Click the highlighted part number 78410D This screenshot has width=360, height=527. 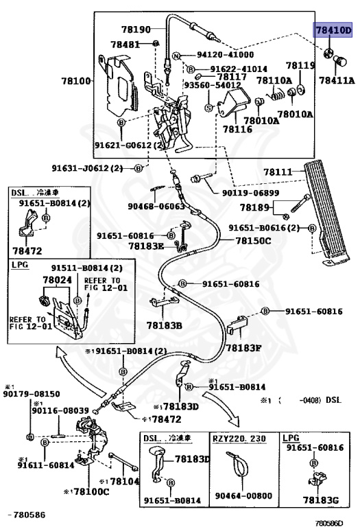coord(333,30)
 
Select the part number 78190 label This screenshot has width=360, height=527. coord(135,30)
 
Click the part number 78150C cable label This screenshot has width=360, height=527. coord(254,241)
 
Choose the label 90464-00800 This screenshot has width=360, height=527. coord(243,496)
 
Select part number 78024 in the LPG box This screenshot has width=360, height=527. coord(57,280)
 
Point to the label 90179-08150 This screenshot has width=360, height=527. coord(31,394)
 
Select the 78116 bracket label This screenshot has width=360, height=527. coord(237,128)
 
